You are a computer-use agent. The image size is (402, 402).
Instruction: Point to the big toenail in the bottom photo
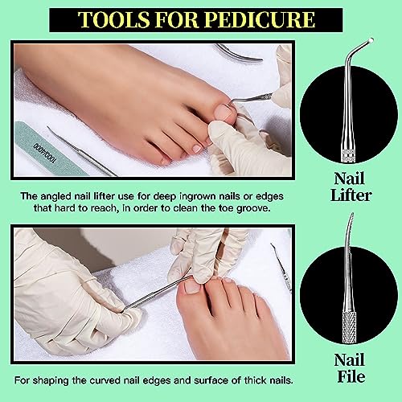coord(192,285)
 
